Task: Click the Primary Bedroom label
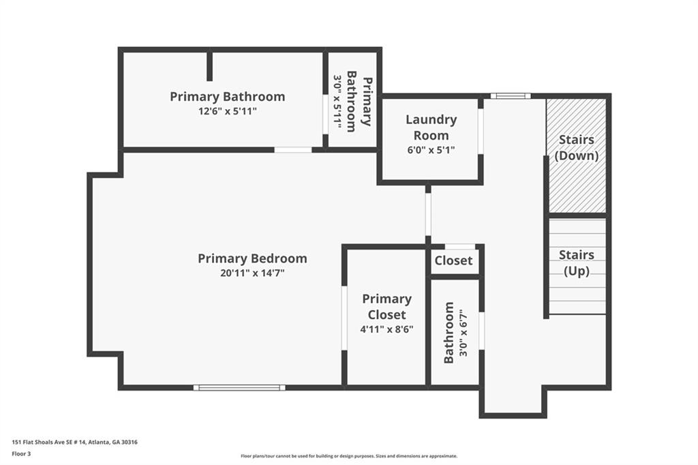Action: coord(252,258)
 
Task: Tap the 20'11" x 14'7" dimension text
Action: coord(251,273)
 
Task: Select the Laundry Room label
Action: coord(431,127)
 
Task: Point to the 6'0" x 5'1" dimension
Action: coord(431,150)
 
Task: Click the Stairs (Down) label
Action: coord(576,147)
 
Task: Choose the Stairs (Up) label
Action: coord(576,262)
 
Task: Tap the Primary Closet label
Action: coord(386,307)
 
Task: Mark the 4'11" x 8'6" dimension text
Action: coord(386,329)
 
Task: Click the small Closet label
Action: coord(453,260)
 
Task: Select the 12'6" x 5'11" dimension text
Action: coord(227,111)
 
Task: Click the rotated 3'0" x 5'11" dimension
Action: coord(337,100)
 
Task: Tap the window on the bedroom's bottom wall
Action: coord(239,387)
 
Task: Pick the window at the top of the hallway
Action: coord(510,96)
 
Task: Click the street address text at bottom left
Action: coord(75,442)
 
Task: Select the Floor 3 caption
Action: coord(22,453)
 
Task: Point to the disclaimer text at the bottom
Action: coord(348,456)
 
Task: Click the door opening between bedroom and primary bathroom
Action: coord(293,149)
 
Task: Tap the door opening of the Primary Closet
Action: coord(345,318)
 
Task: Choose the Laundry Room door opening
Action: coord(481,131)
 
